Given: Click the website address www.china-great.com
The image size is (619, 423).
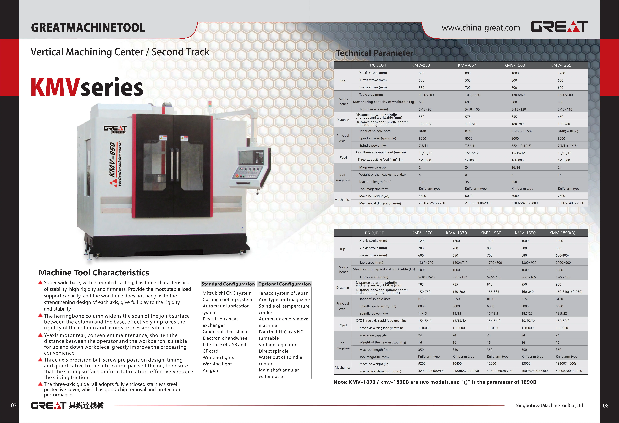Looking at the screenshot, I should (481, 28).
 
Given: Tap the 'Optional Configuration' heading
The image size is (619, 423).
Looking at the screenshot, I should (284, 284).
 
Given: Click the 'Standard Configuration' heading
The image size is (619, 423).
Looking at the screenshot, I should (228, 284).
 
